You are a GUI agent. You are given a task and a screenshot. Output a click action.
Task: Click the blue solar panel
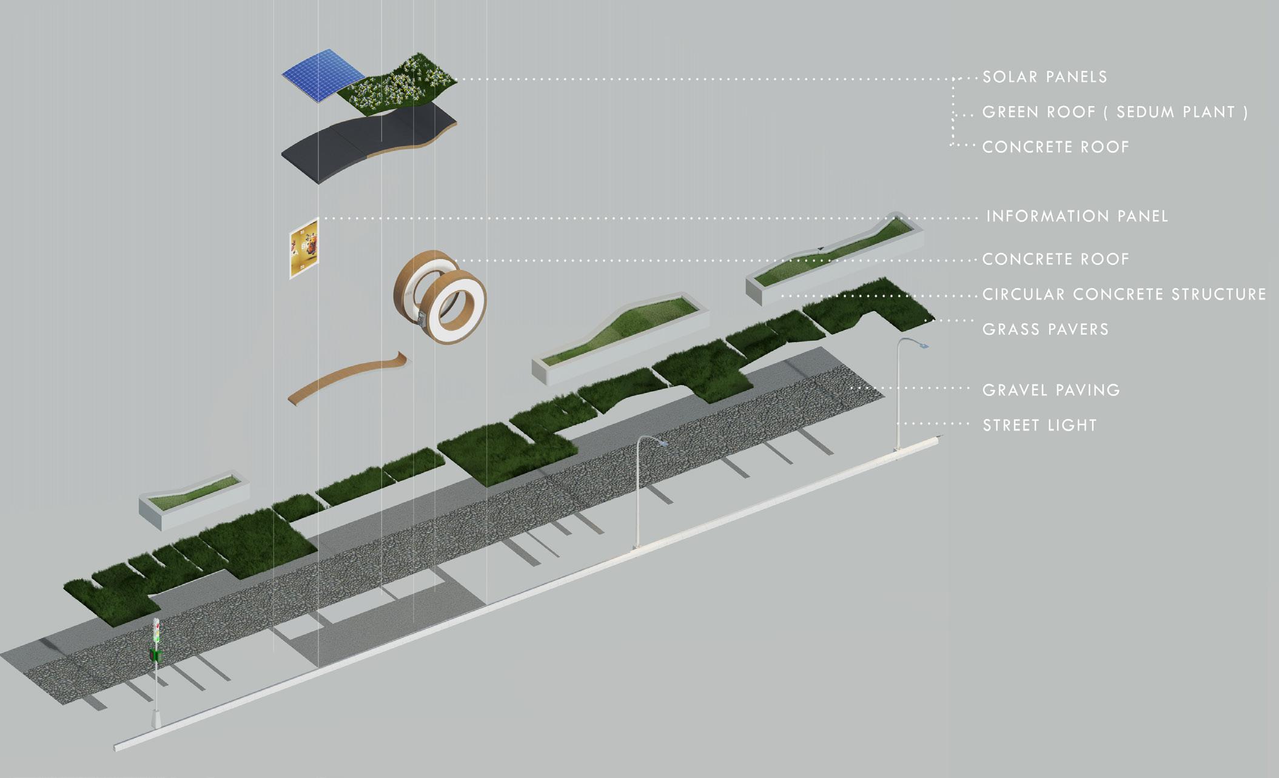[318, 73]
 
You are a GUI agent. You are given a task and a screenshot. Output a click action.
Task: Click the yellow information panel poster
[304, 249]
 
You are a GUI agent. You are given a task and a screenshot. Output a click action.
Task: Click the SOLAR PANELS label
[1045, 77]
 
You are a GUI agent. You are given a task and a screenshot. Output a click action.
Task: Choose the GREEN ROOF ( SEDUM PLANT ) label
[1115, 112]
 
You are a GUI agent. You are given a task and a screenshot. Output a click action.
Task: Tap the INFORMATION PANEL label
[1077, 216]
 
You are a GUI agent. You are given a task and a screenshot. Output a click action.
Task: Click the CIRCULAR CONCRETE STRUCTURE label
[1124, 295]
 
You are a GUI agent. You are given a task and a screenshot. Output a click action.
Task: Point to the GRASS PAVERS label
[1046, 329]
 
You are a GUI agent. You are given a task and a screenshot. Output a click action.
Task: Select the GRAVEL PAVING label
[1051, 390]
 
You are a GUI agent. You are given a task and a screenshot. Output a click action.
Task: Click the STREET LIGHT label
[1039, 425]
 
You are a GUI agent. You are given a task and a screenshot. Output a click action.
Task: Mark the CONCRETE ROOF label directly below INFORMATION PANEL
[1056, 260]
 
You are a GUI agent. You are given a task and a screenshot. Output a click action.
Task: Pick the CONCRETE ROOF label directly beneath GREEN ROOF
[1056, 147]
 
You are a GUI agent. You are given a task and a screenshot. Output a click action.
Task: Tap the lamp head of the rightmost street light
[923, 345]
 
